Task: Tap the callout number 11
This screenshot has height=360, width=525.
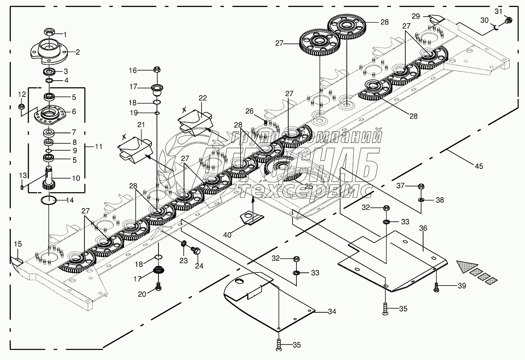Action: coord(99,147)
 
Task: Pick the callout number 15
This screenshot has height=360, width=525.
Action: coord(18,244)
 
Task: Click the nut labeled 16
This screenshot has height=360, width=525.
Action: coord(157,70)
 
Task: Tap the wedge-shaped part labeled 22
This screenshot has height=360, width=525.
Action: coord(195,120)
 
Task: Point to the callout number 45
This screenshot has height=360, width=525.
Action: coord(479,166)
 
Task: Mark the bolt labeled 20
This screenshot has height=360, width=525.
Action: coord(158,287)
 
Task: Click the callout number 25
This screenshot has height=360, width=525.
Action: coord(308,186)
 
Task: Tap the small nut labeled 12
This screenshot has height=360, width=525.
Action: coord(22,106)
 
